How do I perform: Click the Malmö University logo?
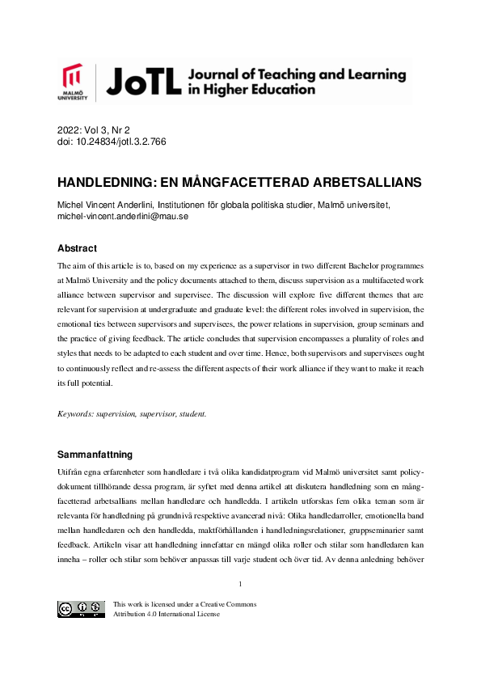(72, 83)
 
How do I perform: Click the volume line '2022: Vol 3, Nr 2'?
(93, 129)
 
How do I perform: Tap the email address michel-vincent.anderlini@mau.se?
(122, 217)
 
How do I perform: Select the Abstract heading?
(77, 248)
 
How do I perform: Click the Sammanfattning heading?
(95, 455)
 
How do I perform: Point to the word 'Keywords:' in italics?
(75, 414)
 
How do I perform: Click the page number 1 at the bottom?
(241, 584)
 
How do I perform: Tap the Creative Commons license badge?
(81, 609)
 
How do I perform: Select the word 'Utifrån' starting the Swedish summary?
(70, 472)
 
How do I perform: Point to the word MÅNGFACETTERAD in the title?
(246, 183)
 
